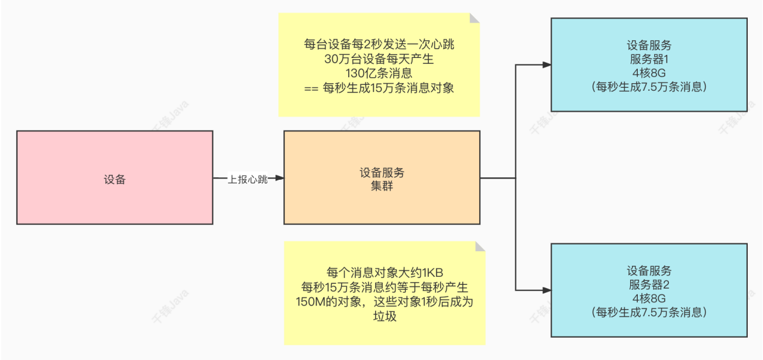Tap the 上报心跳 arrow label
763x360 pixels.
(x=248, y=180)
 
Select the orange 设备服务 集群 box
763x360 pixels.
(x=381, y=177)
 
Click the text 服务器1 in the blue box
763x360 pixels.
(x=649, y=59)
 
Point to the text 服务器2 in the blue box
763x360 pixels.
(x=649, y=284)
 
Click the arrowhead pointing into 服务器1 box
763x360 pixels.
(x=547, y=64)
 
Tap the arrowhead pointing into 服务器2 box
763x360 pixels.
(x=547, y=290)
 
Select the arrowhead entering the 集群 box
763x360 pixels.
(x=279, y=178)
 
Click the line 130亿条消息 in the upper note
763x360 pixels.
(x=380, y=74)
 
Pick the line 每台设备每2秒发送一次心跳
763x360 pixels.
(x=380, y=44)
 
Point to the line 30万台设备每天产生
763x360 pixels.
(x=380, y=59)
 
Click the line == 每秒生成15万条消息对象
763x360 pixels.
(x=380, y=88)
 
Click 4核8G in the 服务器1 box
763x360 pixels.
(x=649, y=73)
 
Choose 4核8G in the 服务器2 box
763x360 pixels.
(x=649, y=299)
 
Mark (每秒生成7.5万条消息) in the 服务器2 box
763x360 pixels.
(x=649, y=313)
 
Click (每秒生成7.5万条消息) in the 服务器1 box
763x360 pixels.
(x=649, y=87)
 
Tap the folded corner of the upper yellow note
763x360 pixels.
(x=475, y=18)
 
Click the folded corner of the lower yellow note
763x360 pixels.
(x=480, y=246)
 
